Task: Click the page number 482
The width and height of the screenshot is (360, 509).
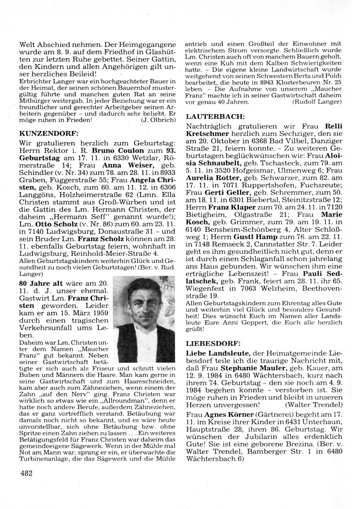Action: (x=27, y=473)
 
